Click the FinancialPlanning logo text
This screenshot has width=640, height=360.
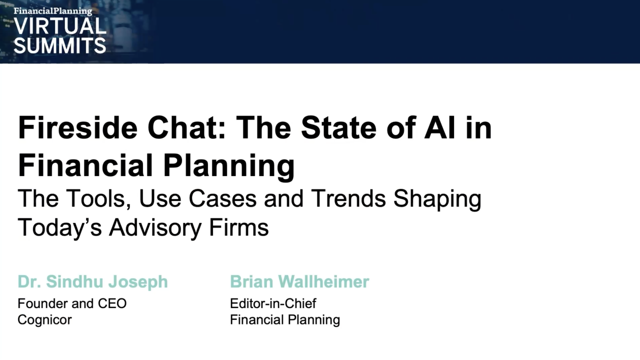click(53, 11)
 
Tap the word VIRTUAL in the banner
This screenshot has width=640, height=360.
click(59, 26)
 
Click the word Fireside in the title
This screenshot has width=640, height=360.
click(77, 128)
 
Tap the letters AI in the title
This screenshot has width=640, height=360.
click(440, 128)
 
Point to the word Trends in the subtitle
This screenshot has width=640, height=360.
click(348, 198)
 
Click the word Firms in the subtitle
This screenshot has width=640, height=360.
click(239, 227)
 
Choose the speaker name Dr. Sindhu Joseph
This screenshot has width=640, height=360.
click(92, 281)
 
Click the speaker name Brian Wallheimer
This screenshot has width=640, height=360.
click(299, 281)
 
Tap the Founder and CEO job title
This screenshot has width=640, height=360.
click(72, 303)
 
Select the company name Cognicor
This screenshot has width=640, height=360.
click(44, 319)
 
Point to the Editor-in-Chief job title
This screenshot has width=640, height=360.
click(273, 303)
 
